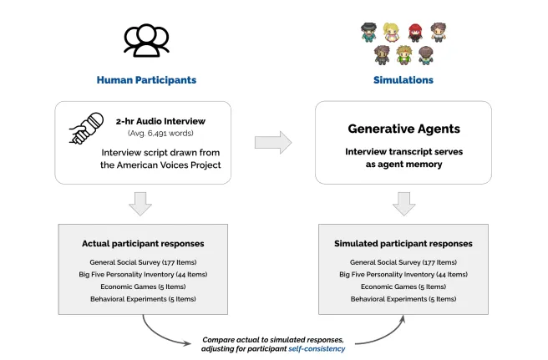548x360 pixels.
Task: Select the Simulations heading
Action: click(403, 80)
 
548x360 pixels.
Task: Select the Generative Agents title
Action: click(403, 129)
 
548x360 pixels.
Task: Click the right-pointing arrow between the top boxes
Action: click(272, 142)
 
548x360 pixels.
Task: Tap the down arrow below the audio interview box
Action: click(143, 203)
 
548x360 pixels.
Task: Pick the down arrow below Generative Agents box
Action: click(403, 203)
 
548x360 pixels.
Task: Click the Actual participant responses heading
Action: click(143, 243)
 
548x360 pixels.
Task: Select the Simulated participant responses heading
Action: click(403, 243)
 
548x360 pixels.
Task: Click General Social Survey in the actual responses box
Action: click(143, 262)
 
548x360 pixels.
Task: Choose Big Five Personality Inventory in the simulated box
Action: click(403, 274)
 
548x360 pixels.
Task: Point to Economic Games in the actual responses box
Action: click(143, 286)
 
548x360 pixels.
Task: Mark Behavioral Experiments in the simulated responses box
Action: click(403, 298)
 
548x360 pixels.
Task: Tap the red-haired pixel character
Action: click(415, 33)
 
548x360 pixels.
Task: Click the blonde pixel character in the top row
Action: click(392, 33)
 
